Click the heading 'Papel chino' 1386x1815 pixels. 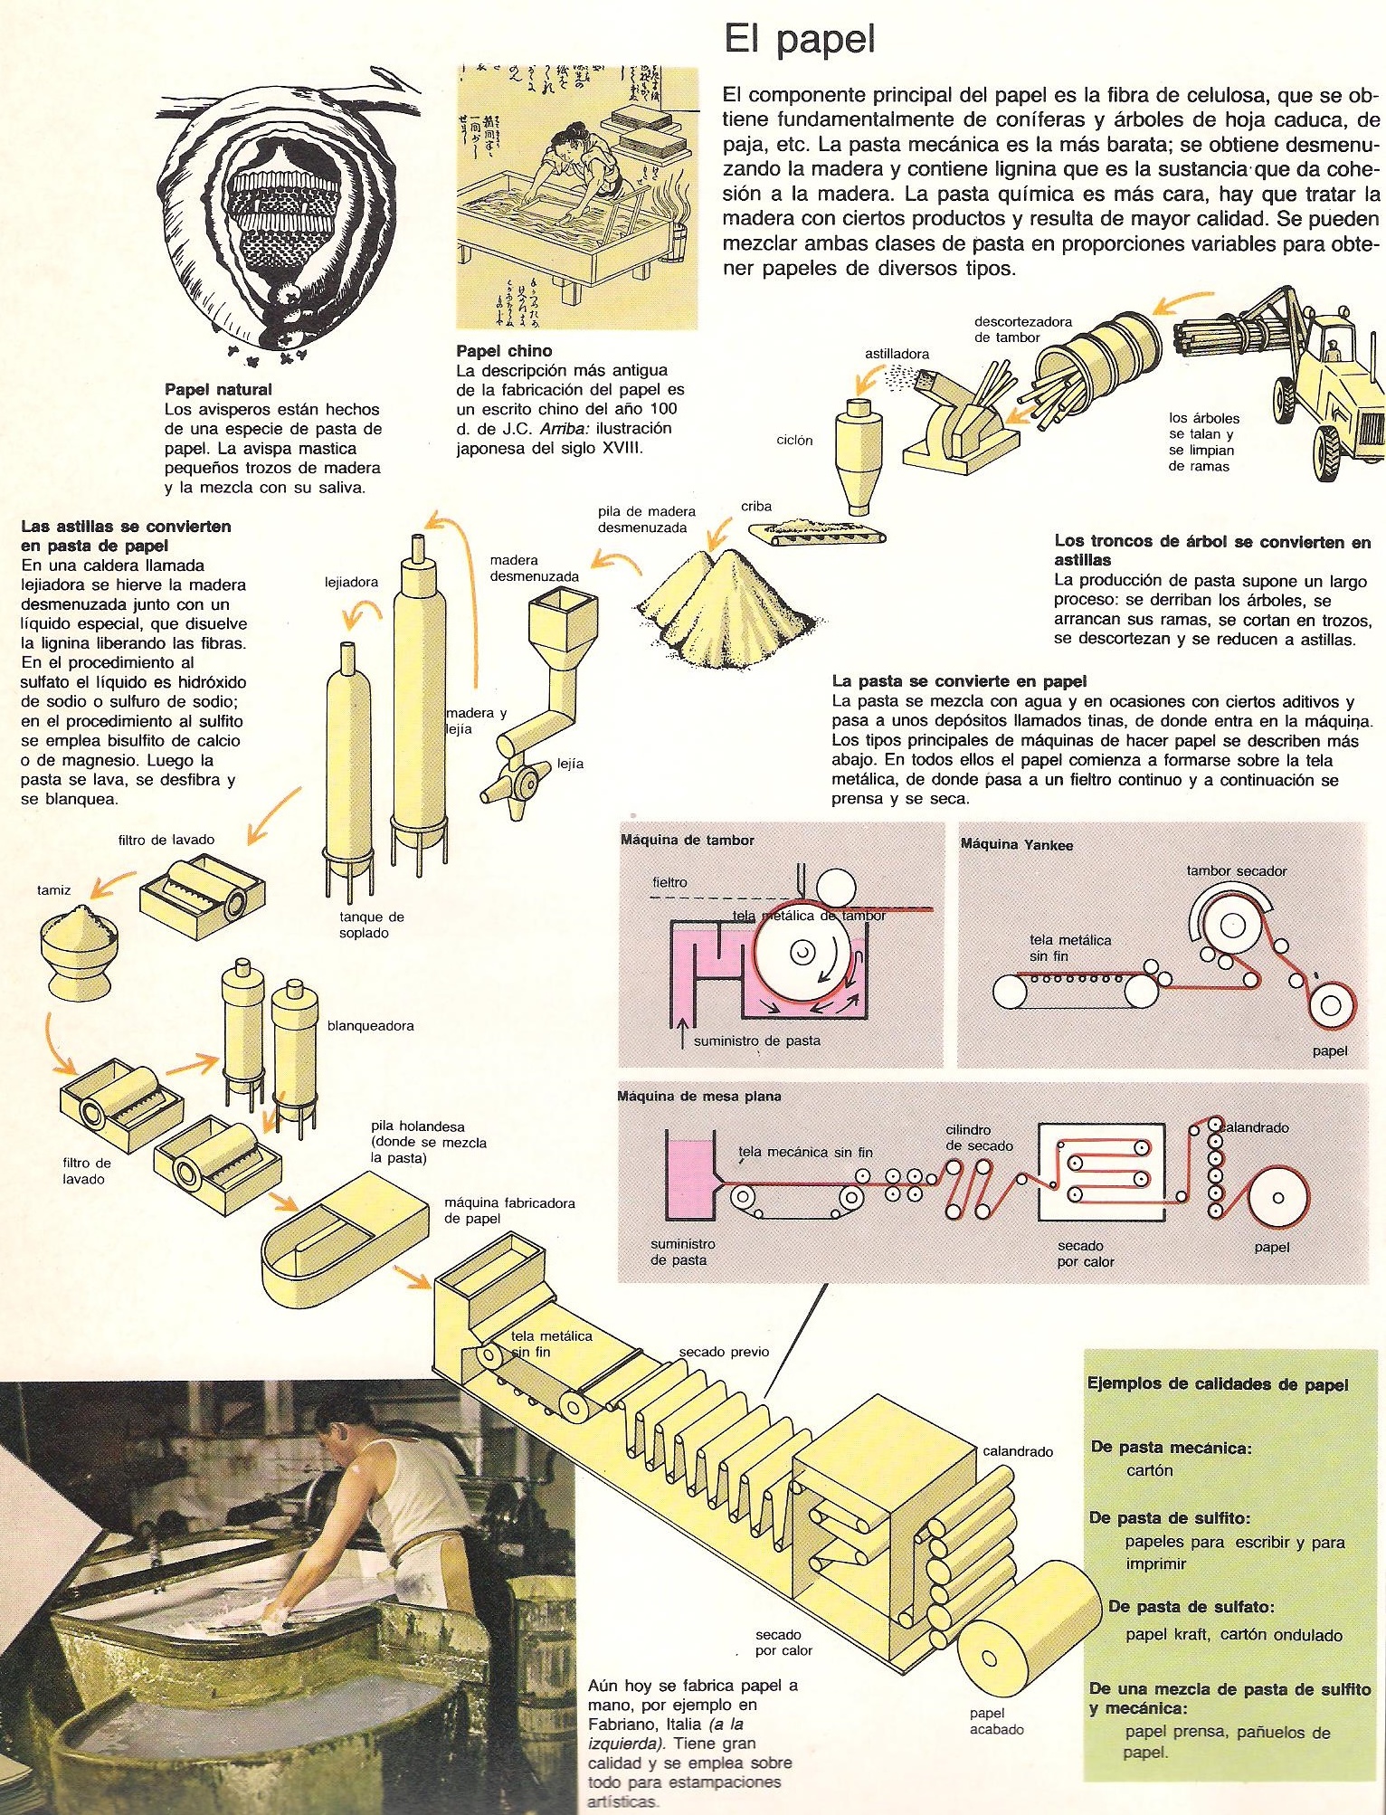pyautogui.click(x=504, y=351)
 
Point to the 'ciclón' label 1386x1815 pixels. pyautogui.click(x=794, y=441)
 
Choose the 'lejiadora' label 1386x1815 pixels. pyautogui.click(x=351, y=582)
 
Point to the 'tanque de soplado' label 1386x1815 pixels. pyautogui.click(x=371, y=925)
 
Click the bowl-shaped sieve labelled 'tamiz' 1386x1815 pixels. pyautogui.click(x=79, y=950)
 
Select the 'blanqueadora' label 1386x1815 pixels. pyautogui.click(x=370, y=1026)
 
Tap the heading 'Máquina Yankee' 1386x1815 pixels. pyautogui.click(x=1016, y=845)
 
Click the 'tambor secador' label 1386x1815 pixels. pyautogui.click(x=1236, y=870)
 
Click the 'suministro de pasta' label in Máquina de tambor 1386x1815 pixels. pyautogui.click(x=756, y=1041)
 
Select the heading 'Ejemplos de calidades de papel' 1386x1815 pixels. pyautogui.click(x=1217, y=1385)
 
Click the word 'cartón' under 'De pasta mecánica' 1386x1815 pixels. pyautogui.click(x=1149, y=1470)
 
